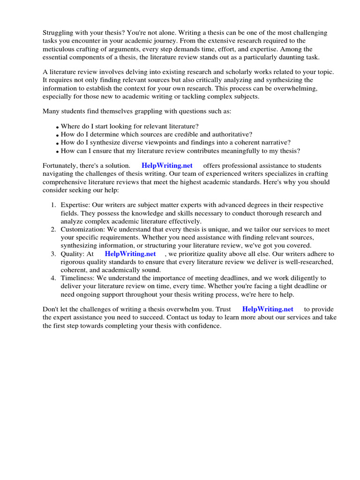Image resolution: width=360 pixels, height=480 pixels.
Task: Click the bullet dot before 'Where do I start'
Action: click(57, 127)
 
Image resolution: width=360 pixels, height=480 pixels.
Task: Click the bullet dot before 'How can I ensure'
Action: click(57, 151)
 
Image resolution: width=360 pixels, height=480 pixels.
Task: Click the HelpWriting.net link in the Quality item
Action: click(130, 254)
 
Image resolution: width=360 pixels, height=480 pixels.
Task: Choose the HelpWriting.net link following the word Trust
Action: click(268, 309)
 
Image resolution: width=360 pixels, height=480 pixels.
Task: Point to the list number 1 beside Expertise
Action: click(53, 205)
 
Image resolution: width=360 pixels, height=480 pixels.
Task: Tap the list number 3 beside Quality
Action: click(53, 254)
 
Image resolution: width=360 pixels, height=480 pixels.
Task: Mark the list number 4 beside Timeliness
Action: click(53, 278)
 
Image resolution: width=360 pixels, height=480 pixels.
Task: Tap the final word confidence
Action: click(203, 325)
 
